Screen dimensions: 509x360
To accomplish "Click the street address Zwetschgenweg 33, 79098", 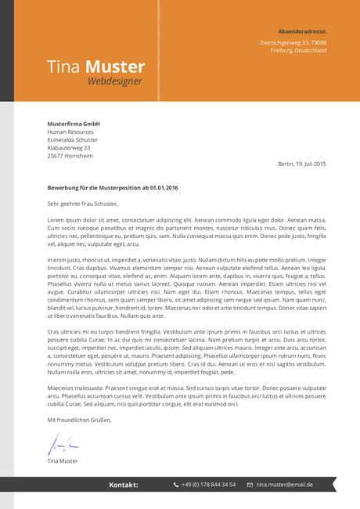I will click(293, 42).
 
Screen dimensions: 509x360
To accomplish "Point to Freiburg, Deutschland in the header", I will click(298, 50).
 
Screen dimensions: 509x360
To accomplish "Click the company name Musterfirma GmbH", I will click(74, 124).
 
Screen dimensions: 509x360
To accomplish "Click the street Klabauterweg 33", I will click(69, 147).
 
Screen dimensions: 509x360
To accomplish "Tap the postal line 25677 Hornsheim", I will click(70, 155).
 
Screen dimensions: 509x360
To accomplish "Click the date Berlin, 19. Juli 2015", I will click(301, 164).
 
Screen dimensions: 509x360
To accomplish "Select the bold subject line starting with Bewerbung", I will click(113, 188).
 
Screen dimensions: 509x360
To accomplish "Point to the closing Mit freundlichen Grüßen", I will click(79, 420).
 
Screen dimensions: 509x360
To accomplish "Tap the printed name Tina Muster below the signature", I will click(63, 460).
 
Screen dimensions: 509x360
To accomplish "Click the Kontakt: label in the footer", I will click(123, 485).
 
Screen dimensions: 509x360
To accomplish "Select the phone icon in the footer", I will click(176, 485).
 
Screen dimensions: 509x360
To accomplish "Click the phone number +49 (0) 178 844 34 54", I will click(208, 485).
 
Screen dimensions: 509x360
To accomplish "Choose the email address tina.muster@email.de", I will click(284, 485).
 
